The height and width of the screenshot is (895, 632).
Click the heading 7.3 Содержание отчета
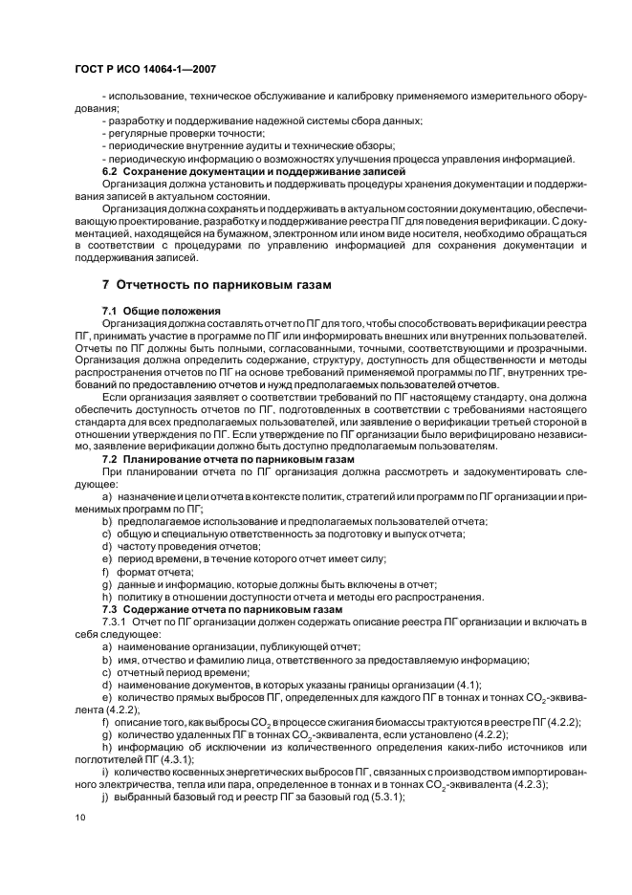[x=235, y=608]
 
